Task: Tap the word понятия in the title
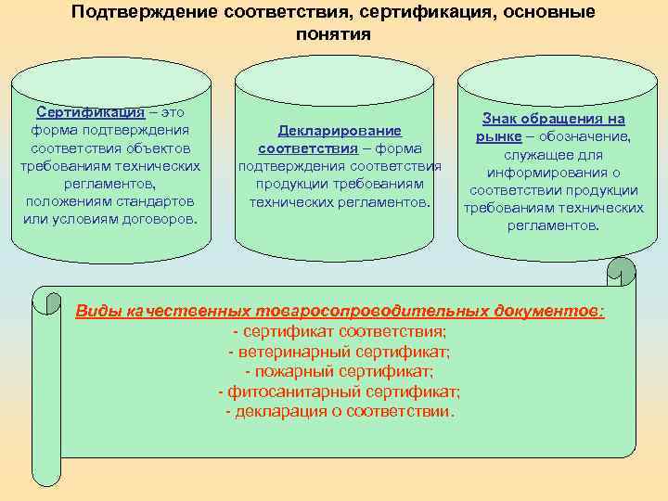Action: [334, 34]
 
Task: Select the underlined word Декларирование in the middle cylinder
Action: [340, 131]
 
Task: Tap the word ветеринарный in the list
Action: [291, 352]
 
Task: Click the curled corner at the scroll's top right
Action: [621, 271]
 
